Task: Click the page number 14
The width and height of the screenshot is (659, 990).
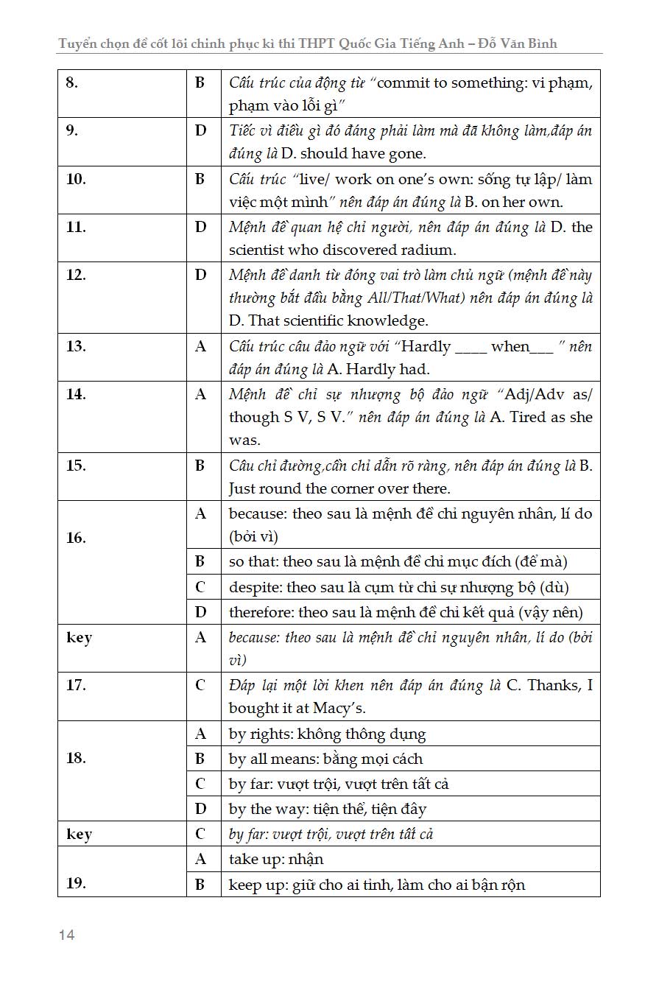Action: [x=67, y=935]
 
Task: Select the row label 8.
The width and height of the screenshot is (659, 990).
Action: [x=72, y=82]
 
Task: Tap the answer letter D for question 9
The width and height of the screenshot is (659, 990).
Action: [x=200, y=131]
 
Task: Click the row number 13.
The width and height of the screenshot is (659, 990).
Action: [x=76, y=346]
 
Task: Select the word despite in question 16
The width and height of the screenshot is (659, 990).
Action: [x=254, y=587]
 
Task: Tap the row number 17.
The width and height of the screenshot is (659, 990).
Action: [x=76, y=685]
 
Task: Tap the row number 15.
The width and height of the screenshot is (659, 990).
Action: [x=76, y=466]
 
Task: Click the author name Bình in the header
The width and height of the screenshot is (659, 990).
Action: [x=539, y=43]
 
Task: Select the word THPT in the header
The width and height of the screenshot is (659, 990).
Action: [x=313, y=43]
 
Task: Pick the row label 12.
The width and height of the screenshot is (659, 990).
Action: [x=76, y=275]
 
